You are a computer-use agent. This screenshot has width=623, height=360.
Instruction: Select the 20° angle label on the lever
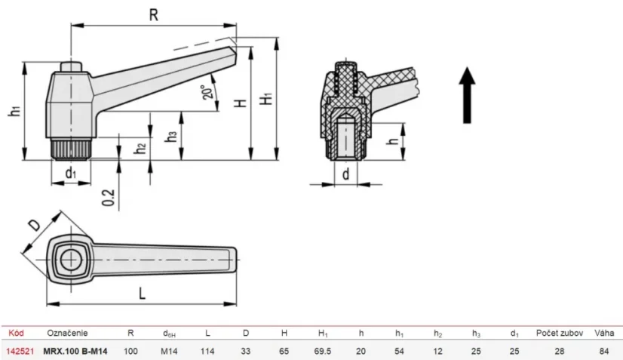pyautogui.click(x=207, y=91)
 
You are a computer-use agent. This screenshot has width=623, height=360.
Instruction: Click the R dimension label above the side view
pyautogui.click(x=153, y=13)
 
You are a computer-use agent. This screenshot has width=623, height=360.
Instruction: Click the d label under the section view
pyautogui.click(x=345, y=174)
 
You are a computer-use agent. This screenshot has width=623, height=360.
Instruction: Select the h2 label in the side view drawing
pyautogui.click(x=140, y=147)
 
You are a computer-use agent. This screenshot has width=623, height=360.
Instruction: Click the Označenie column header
pyautogui.click(x=67, y=332)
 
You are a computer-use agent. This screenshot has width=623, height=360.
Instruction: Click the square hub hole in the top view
pyautogui.click(x=72, y=258)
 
